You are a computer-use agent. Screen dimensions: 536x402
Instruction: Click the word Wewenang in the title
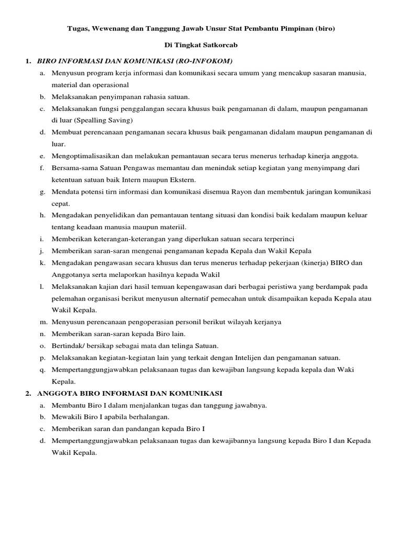coord(113,29)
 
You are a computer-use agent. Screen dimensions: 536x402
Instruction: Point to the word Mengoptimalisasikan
coord(84,156)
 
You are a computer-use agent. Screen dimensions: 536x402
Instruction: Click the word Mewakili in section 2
coord(66,417)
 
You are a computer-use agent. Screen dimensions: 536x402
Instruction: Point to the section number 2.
coord(27,393)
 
